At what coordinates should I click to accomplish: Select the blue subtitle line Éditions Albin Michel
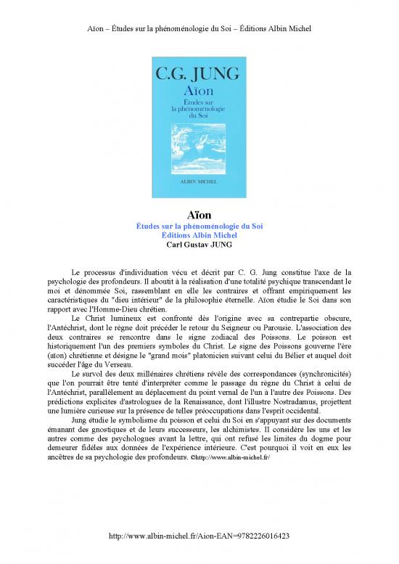199,234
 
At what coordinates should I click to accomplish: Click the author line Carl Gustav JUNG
199,244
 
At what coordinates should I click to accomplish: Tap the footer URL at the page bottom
199,536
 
